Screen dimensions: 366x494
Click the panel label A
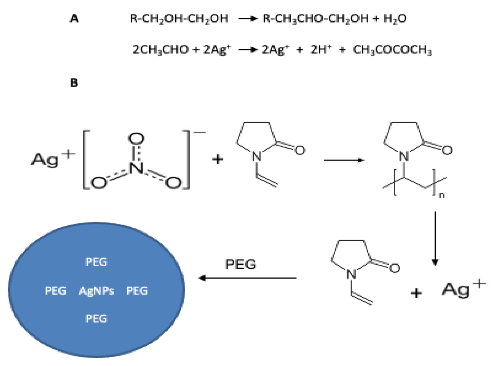(74, 19)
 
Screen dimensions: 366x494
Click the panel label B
(74, 82)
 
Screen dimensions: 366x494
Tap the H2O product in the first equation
(395, 19)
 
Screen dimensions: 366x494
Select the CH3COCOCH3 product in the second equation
(392, 50)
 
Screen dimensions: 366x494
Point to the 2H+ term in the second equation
(321, 50)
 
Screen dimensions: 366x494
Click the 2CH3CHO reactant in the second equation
(161, 50)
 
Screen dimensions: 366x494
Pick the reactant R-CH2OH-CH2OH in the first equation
(179, 19)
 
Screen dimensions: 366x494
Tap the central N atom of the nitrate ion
(136, 168)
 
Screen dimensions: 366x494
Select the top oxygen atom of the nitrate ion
(136, 138)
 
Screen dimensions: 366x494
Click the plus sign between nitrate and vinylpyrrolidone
(218, 159)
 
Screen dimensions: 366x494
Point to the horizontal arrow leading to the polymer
(344, 160)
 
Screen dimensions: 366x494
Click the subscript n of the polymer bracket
(442, 195)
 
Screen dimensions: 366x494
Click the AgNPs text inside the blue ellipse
(96, 291)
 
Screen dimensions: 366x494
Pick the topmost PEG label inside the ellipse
(96, 262)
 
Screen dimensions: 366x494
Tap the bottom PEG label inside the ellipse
(96, 319)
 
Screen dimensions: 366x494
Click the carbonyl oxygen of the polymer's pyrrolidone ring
(447, 150)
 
